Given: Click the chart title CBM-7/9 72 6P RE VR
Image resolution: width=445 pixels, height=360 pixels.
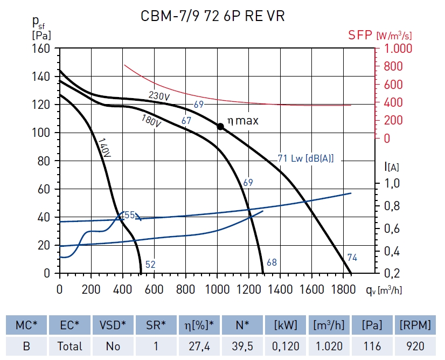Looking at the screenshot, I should (212, 17).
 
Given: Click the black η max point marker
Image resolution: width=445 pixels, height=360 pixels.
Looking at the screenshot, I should (220, 127).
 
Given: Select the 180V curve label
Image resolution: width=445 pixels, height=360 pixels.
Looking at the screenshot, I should (151, 121).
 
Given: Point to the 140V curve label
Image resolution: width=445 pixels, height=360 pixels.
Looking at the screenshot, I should (103, 148).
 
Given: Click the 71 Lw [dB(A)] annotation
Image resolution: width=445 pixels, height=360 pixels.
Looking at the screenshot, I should (305, 158).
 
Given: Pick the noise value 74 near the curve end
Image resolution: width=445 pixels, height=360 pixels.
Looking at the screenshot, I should (352, 258).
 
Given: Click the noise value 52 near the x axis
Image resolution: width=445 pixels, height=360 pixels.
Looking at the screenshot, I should (150, 264).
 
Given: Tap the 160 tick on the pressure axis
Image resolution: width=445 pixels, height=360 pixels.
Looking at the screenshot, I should (41, 49).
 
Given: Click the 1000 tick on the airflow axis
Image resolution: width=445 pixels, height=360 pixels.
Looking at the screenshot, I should (217, 289).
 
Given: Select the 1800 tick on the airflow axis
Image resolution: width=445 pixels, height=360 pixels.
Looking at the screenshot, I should (343, 289).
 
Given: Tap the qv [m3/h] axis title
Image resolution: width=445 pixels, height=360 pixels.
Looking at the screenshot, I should (383, 290).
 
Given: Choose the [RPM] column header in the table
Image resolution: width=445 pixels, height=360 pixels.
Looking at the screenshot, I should (415, 325).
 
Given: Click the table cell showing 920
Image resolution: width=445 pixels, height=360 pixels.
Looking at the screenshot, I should (415, 346).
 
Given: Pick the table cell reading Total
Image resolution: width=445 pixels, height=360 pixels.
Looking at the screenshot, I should (69, 346).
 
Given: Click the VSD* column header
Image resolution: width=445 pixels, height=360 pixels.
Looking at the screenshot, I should (113, 325).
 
